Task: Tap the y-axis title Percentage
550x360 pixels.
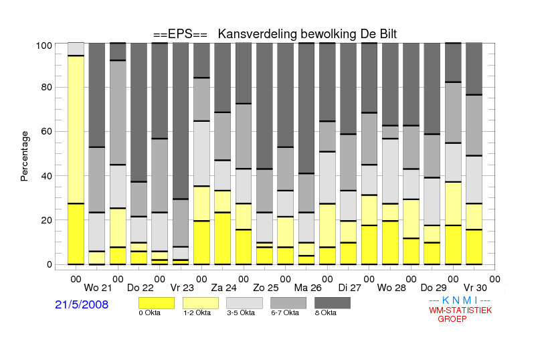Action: click(24, 156)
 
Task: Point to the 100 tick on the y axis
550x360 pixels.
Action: click(44, 46)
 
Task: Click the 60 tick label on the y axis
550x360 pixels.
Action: click(47, 131)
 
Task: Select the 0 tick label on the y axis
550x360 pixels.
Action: click(50, 264)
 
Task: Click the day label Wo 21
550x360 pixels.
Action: click(98, 288)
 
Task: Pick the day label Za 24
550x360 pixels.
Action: click(223, 288)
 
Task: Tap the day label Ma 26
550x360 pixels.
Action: click(308, 288)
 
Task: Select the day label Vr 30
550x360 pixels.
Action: click(475, 288)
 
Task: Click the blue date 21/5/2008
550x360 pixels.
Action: click(82, 304)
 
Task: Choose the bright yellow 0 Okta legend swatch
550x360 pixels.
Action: click(157, 303)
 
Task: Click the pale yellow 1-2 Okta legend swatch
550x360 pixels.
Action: click(201, 303)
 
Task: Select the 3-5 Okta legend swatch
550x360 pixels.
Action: click(244, 303)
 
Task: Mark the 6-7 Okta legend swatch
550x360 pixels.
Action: click(288, 303)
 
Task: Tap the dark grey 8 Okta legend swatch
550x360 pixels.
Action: click(333, 303)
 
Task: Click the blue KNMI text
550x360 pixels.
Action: click(460, 300)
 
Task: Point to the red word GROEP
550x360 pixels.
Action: click(452, 319)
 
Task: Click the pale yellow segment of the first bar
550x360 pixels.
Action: click(76, 129)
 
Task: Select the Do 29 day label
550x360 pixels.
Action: click(434, 288)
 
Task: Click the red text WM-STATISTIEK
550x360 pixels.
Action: click(460, 310)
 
